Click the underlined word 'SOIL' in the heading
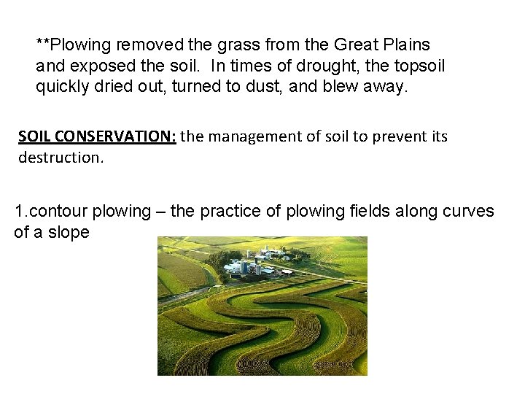click(34, 136)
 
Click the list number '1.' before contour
click(20, 212)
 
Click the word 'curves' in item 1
click(467, 212)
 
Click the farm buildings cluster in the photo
click(259, 263)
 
